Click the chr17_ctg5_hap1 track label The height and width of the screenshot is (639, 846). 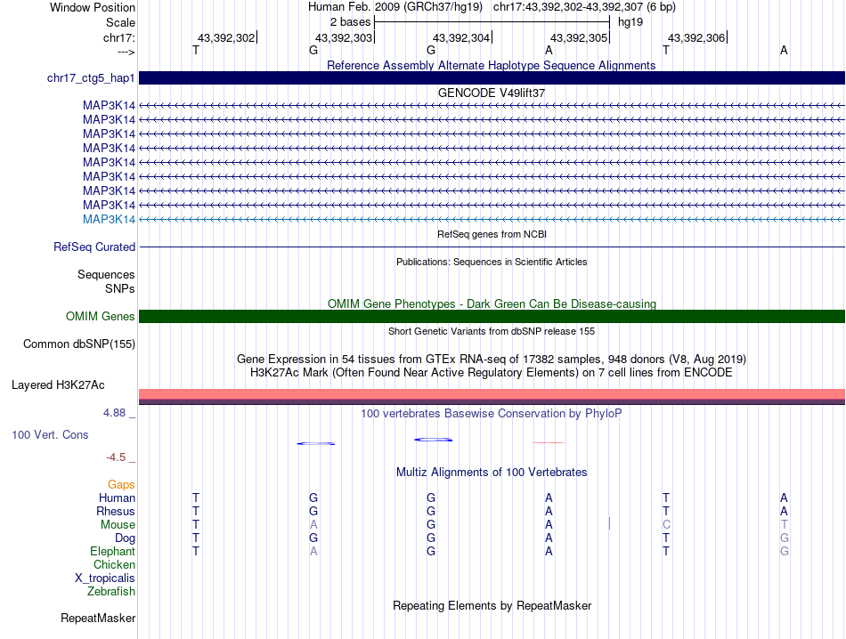[x=91, y=78]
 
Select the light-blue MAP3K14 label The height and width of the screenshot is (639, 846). [x=109, y=219]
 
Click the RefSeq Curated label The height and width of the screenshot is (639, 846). [x=94, y=247]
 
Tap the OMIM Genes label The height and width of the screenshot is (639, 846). [x=101, y=316]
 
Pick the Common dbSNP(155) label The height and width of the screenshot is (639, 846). [x=79, y=344]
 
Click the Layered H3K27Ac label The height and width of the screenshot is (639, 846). [x=58, y=385]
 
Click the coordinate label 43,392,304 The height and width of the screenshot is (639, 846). [x=461, y=37]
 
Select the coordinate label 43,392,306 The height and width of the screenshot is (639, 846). [x=696, y=37]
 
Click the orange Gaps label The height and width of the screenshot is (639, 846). [x=121, y=484]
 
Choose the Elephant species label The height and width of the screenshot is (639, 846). [x=112, y=552]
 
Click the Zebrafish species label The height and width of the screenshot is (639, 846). [x=111, y=592]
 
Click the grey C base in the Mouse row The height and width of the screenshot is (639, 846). [x=666, y=525]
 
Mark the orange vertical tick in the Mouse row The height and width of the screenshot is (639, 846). [x=609, y=523]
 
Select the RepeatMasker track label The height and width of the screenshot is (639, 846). [x=98, y=618]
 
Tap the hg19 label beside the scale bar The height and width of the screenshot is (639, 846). [x=630, y=21]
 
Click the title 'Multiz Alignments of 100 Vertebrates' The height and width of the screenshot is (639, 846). [x=492, y=472]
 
